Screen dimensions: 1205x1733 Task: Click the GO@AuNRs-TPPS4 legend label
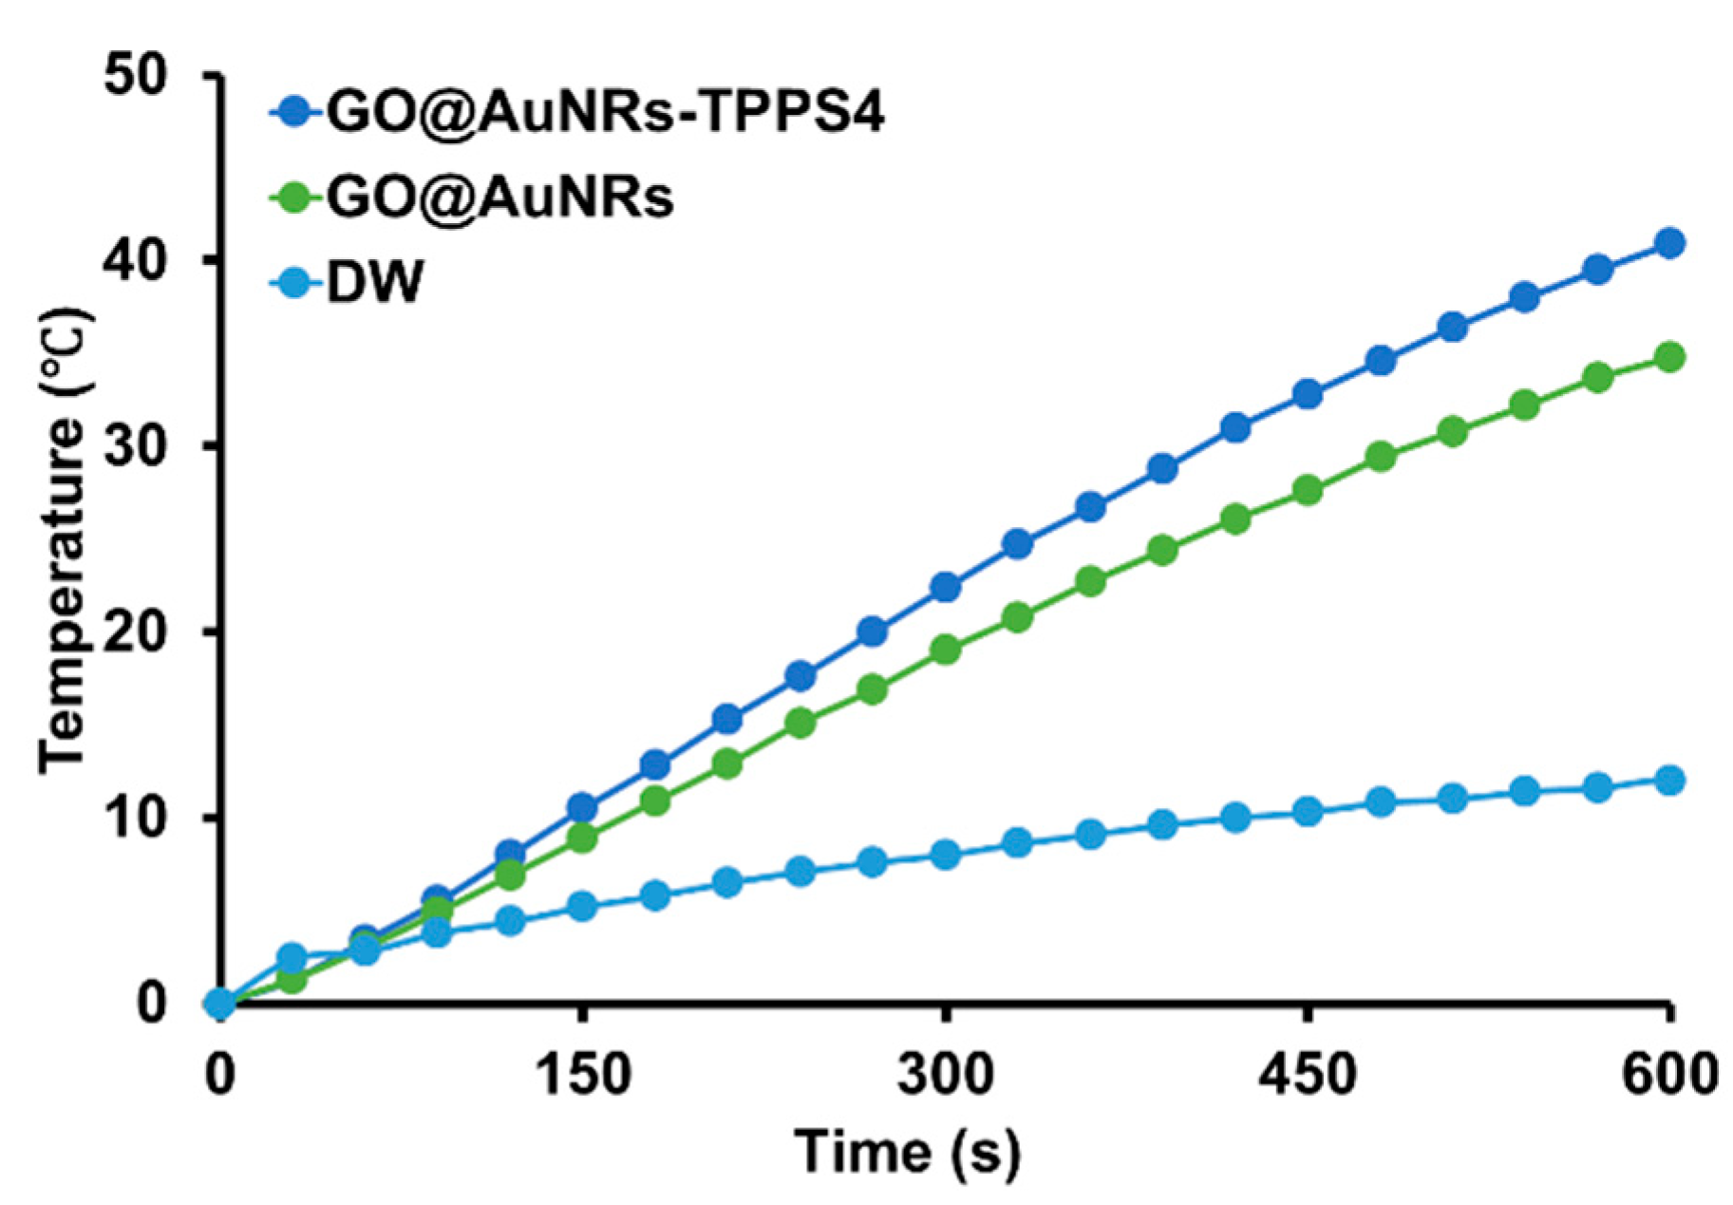tap(605, 113)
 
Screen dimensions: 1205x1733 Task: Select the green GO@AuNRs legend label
tap(499, 198)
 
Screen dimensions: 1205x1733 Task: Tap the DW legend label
tap(374, 282)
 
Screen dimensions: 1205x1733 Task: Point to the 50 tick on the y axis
tap(137, 75)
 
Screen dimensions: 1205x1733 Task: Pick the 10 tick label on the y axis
tap(137, 817)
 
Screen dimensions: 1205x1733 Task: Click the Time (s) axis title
tap(907, 1152)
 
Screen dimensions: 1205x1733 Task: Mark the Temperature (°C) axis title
tap(65, 538)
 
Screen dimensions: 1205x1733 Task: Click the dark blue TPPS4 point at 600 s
tap(1669, 243)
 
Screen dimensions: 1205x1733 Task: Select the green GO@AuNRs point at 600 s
tap(1669, 357)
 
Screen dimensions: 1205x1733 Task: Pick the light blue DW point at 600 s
tap(1669, 781)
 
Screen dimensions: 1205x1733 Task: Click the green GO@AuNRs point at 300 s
tap(945, 650)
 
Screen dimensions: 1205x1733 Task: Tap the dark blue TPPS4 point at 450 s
tap(1308, 394)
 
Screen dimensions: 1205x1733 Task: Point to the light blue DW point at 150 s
tap(582, 907)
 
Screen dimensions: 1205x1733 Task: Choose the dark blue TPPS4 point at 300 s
tap(945, 587)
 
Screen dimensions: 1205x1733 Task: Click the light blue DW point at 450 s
tap(1308, 812)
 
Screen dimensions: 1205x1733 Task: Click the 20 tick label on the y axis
tap(137, 631)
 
